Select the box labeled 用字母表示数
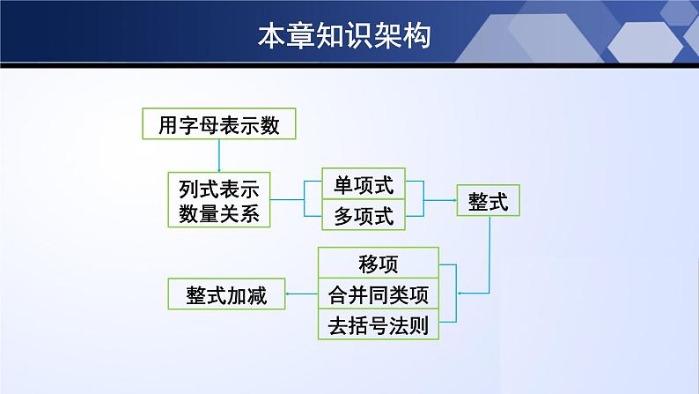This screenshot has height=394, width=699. (x=218, y=125)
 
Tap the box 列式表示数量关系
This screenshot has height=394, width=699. (x=218, y=201)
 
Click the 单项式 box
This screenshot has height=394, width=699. (x=364, y=186)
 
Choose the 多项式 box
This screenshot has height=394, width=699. (x=364, y=215)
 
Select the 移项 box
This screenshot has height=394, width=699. (x=378, y=264)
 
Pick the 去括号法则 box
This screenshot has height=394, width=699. (x=378, y=325)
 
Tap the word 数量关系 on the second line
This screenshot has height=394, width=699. (x=218, y=214)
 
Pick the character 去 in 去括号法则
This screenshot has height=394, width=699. (x=338, y=325)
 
